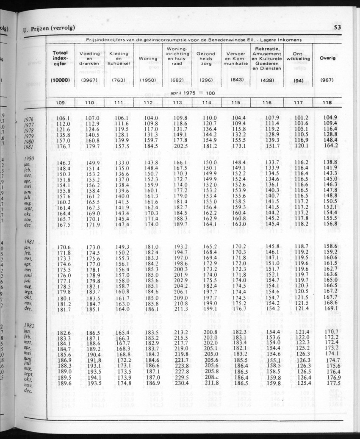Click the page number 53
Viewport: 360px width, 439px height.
(x=338, y=28)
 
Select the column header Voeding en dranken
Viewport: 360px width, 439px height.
(x=89, y=58)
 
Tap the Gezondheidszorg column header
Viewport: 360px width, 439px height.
(x=206, y=58)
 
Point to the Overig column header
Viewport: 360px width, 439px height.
(x=327, y=58)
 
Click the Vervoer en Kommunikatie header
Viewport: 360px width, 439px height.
(x=235, y=58)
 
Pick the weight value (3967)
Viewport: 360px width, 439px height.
(x=89, y=80)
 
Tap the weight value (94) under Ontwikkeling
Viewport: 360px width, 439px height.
(x=298, y=80)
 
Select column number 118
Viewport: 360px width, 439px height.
(x=327, y=102)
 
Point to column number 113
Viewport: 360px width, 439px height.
(x=177, y=102)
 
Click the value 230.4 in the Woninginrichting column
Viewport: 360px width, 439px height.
(x=181, y=383)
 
